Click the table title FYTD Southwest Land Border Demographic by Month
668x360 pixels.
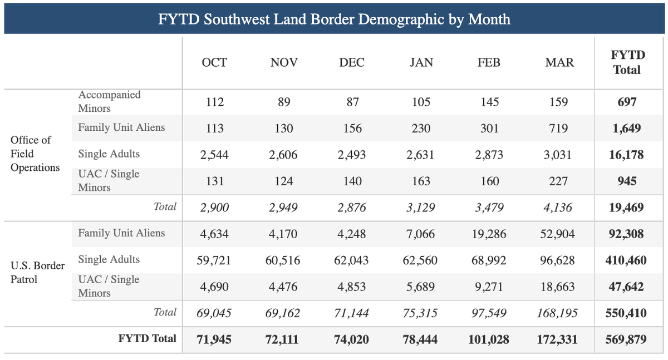pyautogui.click(x=334, y=19)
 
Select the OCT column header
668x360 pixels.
pyautogui.click(x=214, y=62)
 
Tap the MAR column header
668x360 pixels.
pyautogui.click(x=559, y=62)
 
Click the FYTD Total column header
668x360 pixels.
pyautogui.click(x=628, y=62)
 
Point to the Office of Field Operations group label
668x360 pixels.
pyautogui.click(x=35, y=154)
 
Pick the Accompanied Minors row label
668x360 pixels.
pyautogui.click(x=109, y=102)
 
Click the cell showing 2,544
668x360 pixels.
pyautogui.click(x=214, y=155)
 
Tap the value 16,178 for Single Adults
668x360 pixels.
pyautogui.click(x=627, y=155)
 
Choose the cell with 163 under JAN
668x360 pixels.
pyautogui.click(x=421, y=181)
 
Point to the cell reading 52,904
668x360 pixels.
pyautogui.click(x=557, y=234)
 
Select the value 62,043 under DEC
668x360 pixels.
pyautogui.click(x=352, y=260)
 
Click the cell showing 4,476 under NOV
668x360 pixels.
pyautogui.click(x=283, y=287)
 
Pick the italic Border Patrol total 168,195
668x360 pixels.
pyautogui.click(x=557, y=313)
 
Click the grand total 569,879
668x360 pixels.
pyautogui.click(x=626, y=339)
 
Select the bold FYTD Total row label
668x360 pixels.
pyautogui.click(x=147, y=338)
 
